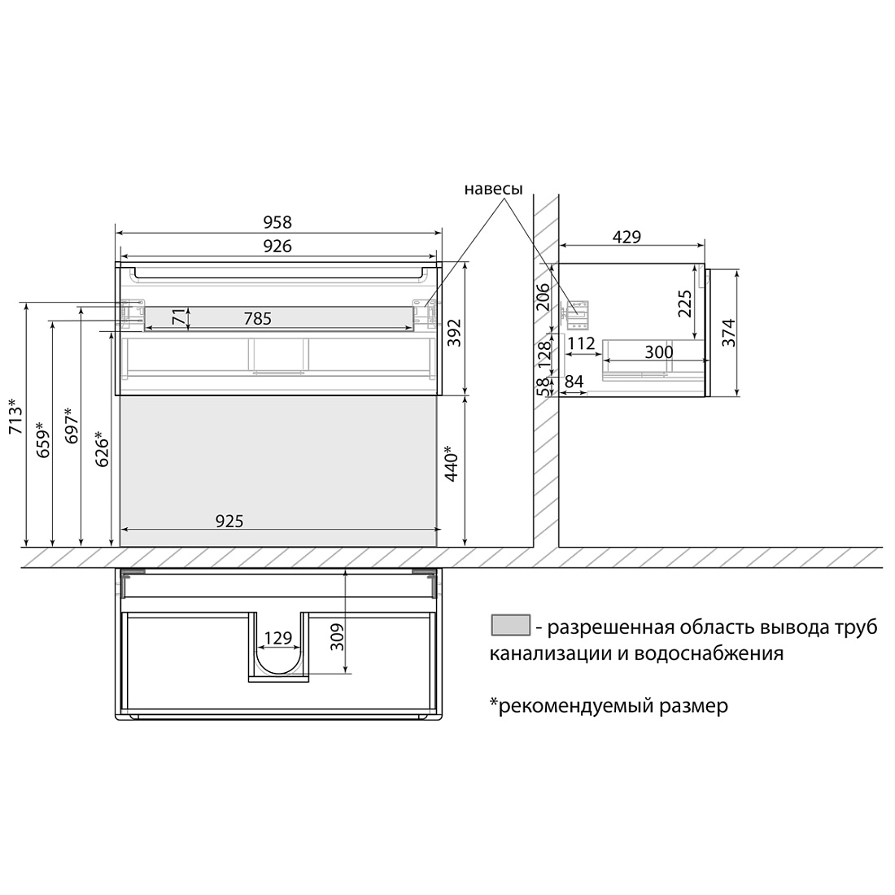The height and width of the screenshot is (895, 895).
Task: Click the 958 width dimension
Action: coord(277,221)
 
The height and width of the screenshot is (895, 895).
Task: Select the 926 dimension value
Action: coord(277,246)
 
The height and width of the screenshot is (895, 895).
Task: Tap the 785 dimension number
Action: coord(257,318)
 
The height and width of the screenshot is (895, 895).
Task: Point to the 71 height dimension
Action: coord(179,317)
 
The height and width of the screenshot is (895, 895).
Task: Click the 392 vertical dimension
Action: coord(454,333)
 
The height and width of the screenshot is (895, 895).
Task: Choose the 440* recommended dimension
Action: coord(452,464)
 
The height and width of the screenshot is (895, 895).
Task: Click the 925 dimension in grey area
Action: coord(229,521)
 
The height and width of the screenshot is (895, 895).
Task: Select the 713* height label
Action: coord(16,416)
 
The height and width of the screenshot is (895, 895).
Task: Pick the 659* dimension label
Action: coord(43,439)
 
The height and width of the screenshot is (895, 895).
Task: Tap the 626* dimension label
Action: coord(102,448)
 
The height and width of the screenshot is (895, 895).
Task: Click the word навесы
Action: coord(493,189)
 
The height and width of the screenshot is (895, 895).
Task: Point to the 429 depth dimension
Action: coord(626,237)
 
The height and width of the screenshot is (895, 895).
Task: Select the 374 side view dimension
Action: coord(729,333)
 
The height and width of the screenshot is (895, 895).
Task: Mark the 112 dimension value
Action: coord(582,343)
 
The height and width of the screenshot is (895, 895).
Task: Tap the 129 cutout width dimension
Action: coord(278,638)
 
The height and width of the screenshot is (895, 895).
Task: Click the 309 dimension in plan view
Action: coord(338,637)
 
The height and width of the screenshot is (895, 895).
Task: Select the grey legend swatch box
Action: coord(511,625)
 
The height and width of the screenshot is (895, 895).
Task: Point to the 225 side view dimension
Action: coord(684,303)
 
